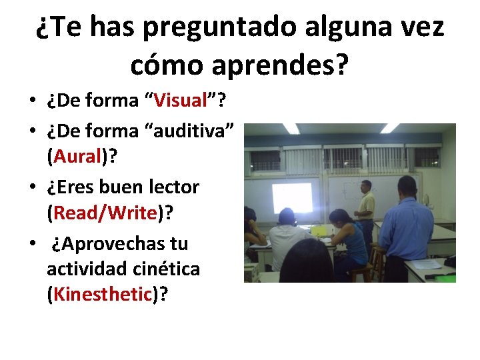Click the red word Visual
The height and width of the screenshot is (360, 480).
181,101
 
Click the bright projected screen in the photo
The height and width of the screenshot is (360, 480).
291,197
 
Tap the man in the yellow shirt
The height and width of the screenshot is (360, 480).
365,207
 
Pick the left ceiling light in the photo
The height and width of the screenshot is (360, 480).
290,128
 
